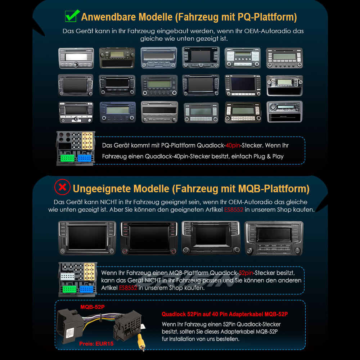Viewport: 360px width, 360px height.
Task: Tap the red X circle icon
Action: point(62,188)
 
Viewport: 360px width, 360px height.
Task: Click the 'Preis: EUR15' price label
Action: point(96,343)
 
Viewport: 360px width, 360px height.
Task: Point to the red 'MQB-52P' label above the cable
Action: point(93,307)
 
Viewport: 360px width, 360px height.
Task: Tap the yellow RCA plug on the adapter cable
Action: point(140,342)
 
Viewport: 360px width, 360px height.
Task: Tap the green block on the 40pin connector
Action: point(68,158)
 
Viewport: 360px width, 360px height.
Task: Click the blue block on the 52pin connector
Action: point(86,289)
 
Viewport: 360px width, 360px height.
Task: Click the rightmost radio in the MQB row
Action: point(274,238)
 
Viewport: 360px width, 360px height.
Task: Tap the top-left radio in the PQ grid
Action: point(76,58)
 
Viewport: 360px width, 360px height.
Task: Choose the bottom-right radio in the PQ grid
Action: point(284,112)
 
